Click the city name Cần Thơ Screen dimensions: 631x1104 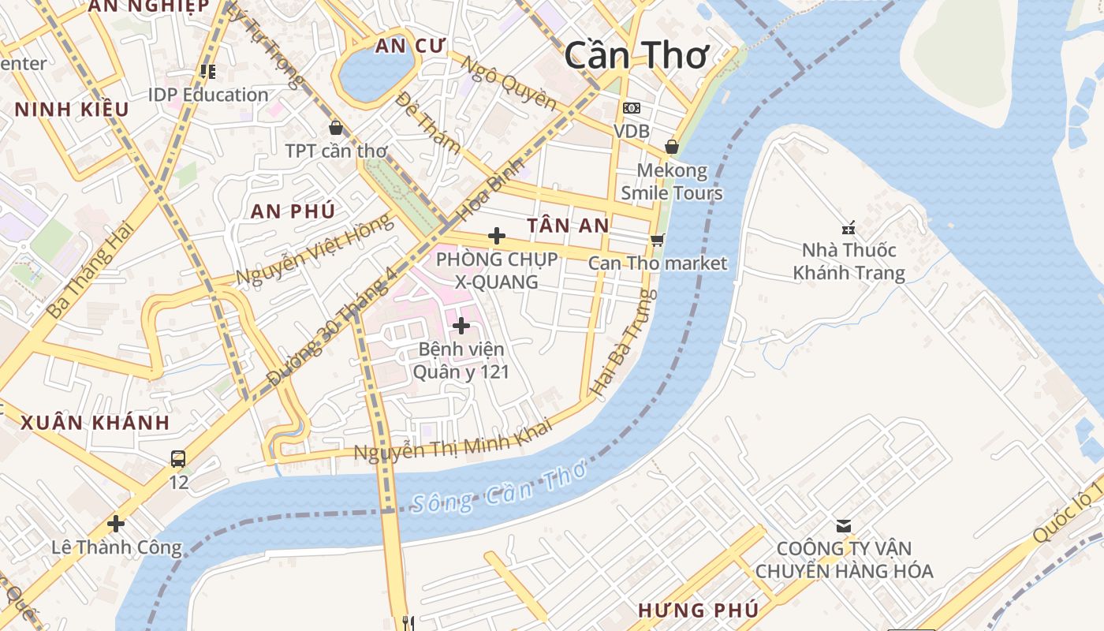tap(637, 55)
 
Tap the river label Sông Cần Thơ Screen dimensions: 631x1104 tap(499, 488)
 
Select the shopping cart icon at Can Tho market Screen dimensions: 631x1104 tap(657, 240)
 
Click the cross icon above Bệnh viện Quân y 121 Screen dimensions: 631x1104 tap(461, 325)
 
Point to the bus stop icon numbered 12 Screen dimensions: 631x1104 tap(178, 458)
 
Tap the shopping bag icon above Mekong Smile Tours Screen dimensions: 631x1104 tap(672, 147)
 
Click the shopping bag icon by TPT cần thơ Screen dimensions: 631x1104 tap(336, 127)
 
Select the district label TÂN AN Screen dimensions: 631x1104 tap(568, 226)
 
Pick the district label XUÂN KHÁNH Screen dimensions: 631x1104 tap(95, 422)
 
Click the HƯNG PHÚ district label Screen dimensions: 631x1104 tap(699, 610)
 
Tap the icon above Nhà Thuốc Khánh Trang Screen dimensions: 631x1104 tap(849, 229)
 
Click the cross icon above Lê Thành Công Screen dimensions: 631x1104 tap(116, 523)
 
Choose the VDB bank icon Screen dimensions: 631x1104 tap(631, 108)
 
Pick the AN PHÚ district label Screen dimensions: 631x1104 tap(293, 211)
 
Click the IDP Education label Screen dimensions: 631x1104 tap(208, 95)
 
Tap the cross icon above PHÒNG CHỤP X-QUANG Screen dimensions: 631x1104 tap(497, 235)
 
